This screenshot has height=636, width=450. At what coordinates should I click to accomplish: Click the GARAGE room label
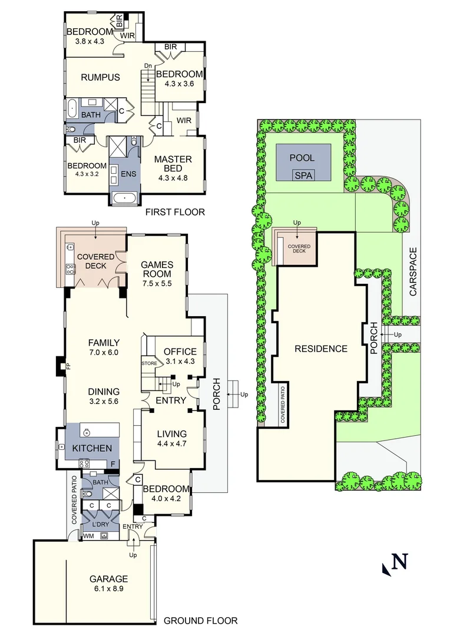[108, 579]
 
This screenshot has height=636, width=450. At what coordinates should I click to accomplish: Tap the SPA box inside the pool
[304, 175]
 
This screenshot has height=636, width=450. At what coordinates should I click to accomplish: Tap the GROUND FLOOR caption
[200, 620]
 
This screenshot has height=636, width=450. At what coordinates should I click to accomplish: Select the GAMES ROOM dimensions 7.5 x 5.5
[156, 283]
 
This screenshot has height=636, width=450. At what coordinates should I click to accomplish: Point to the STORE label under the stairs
[149, 363]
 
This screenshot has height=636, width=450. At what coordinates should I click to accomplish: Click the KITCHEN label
[92, 448]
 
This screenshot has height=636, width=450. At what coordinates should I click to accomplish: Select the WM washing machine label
[89, 536]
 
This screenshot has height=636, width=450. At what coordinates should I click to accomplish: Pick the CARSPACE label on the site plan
[413, 271]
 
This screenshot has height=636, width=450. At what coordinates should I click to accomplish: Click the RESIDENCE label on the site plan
[320, 348]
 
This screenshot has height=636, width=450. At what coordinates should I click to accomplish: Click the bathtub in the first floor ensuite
[125, 197]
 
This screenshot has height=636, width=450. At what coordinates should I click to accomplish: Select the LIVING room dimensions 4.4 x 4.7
[171, 444]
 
